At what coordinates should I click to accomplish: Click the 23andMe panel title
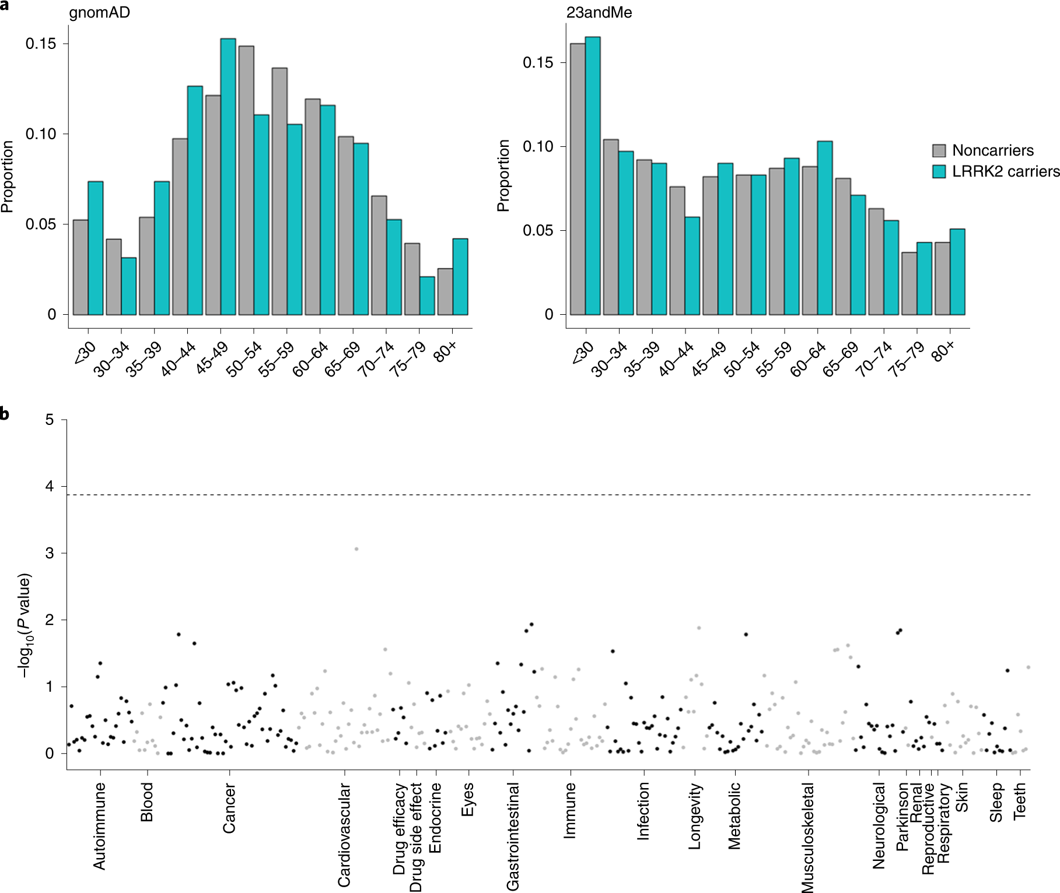click(599, 12)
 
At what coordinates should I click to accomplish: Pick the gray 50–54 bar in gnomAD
click(246, 180)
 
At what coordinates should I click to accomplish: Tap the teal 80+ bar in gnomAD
click(460, 276)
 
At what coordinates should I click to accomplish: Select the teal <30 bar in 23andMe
click(593, 175)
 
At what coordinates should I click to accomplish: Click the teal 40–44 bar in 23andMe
click(692, 266)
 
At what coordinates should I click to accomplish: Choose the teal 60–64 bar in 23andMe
click(824, 228)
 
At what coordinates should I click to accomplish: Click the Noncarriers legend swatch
click(939, 150)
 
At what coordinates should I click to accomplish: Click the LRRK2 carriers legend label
click(1006, 171)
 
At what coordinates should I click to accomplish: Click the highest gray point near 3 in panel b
click(356, 549)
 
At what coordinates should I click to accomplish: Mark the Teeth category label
click(1019, 801)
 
